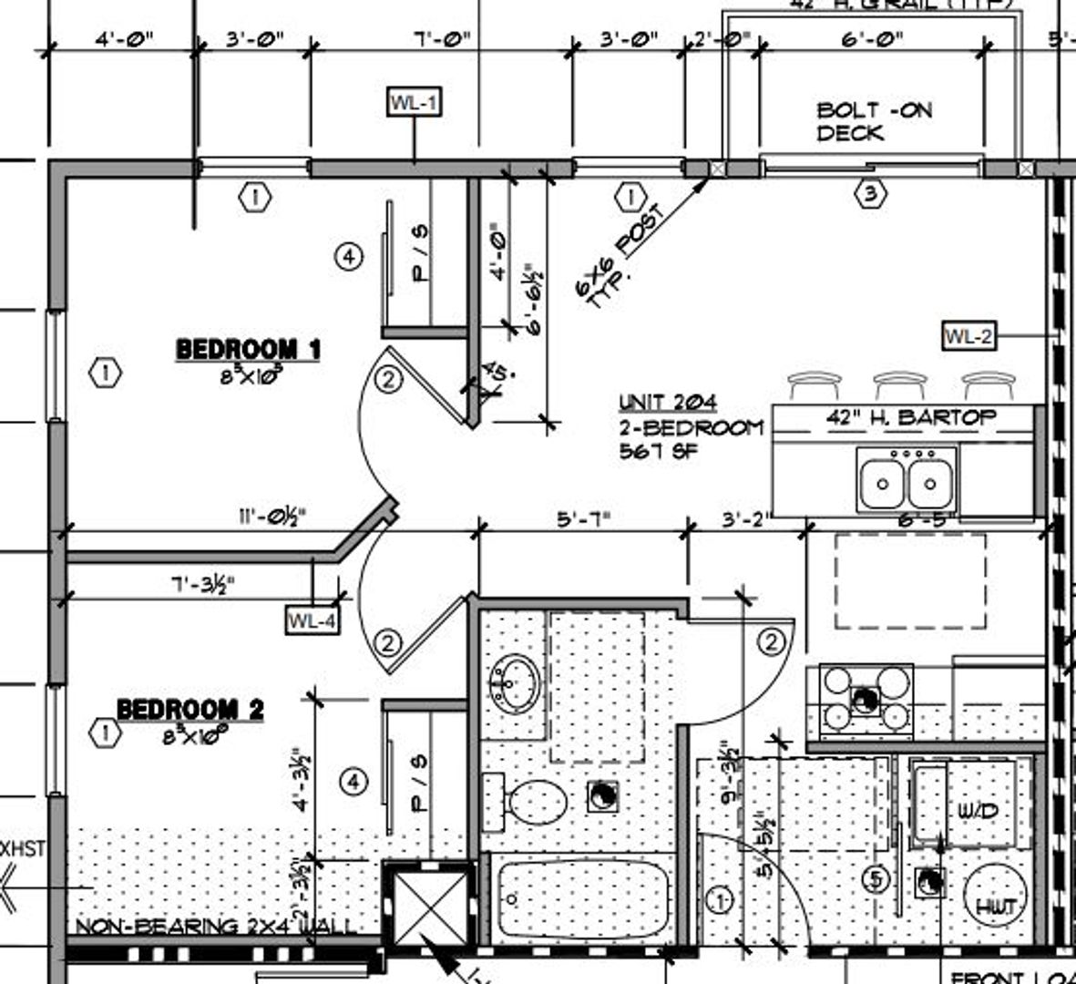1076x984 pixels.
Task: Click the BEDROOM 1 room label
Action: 248,349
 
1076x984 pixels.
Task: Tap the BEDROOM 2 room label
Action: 190,709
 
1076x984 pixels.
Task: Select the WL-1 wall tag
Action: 415,102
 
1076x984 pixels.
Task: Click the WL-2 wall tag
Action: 968,336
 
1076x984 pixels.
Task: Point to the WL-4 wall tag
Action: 313,621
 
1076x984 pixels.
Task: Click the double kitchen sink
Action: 907,480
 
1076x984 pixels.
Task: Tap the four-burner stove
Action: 866,700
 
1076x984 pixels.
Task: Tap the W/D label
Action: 978,810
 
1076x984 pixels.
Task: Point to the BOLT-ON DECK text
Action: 874,121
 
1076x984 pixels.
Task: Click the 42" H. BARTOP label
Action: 910,418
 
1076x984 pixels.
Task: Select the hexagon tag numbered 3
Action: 871,194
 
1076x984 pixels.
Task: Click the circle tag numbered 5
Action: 876,879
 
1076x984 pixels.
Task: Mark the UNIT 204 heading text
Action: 668,402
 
